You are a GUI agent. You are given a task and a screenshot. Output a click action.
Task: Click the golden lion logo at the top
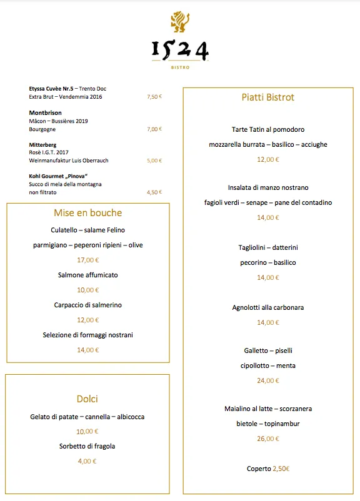[x=180, y=22]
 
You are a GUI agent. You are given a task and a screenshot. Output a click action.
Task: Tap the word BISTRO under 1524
[x=180, y=67]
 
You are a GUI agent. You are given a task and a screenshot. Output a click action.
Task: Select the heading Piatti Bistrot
[x=267, y=97]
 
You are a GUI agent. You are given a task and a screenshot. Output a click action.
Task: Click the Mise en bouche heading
[x=87, y=213]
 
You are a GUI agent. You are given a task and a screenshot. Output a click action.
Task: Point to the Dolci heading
[x=87, y=399]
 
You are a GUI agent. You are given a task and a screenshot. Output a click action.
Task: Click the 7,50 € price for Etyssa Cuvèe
[x=154, y=97]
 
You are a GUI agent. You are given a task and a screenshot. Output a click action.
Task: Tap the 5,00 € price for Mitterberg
[x=154, y=161]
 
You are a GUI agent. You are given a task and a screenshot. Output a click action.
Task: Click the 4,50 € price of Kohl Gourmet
[x=154, y=192]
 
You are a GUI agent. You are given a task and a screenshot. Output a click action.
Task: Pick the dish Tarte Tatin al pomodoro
[x=267, y=129]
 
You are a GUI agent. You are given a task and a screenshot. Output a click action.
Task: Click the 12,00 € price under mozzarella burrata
[x=267, y=159]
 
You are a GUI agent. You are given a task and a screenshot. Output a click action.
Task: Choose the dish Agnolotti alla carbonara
[x=267, y=307]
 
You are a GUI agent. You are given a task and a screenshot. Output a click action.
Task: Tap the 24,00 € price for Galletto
[x=267, y=380]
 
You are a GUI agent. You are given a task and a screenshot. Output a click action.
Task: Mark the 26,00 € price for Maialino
[x=267, y=439]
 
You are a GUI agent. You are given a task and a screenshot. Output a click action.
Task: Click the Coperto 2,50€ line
[x=267, y=469]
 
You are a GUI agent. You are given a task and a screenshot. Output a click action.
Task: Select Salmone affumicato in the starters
[x=87, y=275]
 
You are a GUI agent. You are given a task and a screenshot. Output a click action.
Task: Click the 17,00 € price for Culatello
[x=87, y=260]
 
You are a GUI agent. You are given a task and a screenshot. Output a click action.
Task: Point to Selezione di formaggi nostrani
[x=87, y=335]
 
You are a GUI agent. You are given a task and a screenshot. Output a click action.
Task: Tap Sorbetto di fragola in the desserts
[x=87, y=446]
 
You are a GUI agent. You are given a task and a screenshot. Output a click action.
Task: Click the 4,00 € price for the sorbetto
[x=87, y=461]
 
